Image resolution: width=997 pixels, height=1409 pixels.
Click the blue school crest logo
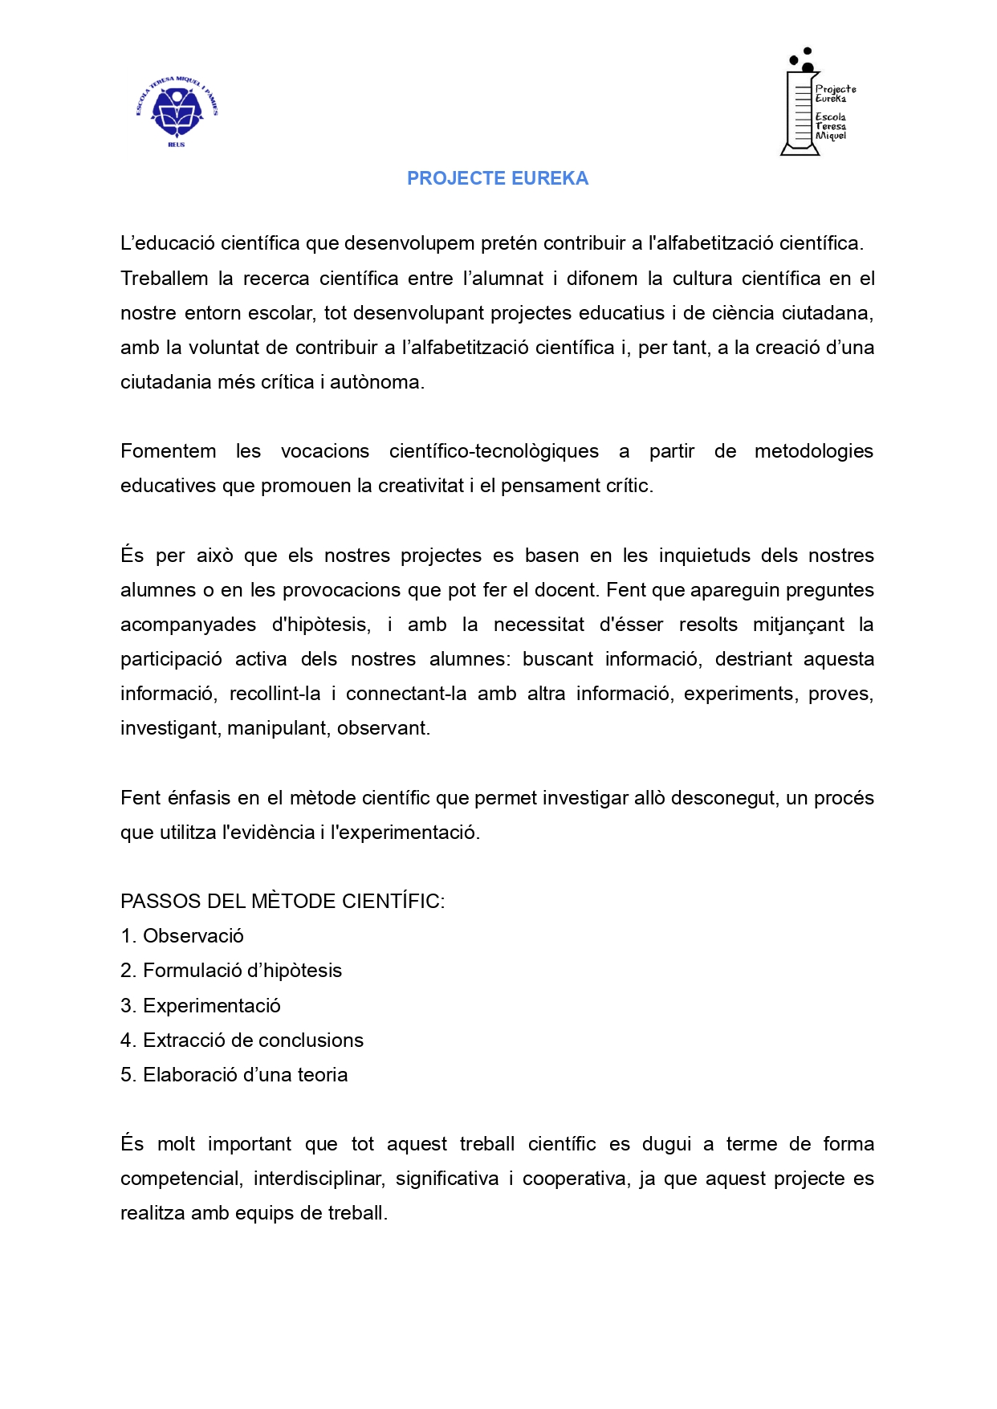click(x=177, y=112)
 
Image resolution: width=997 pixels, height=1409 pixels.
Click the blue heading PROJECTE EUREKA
click(x=498, y=178)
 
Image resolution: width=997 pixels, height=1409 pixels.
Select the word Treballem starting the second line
click(x=165, y=279)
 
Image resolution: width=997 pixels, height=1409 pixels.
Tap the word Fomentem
click(x=168, y=451)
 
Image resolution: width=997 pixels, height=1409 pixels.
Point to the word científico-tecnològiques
click(x=494, y=451)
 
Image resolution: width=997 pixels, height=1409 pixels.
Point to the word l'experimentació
click(x=405, y=833)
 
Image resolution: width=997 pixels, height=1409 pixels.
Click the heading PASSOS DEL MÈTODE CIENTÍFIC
click(x=283, y=902)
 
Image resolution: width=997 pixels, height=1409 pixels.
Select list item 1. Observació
click(x=182, y=936)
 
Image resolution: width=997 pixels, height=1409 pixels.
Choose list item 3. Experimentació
click(x=201, y=1006)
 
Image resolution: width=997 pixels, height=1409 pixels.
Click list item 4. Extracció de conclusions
click(x=242, y=1040)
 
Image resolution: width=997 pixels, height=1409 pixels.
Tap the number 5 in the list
click(x=126, y=1075)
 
